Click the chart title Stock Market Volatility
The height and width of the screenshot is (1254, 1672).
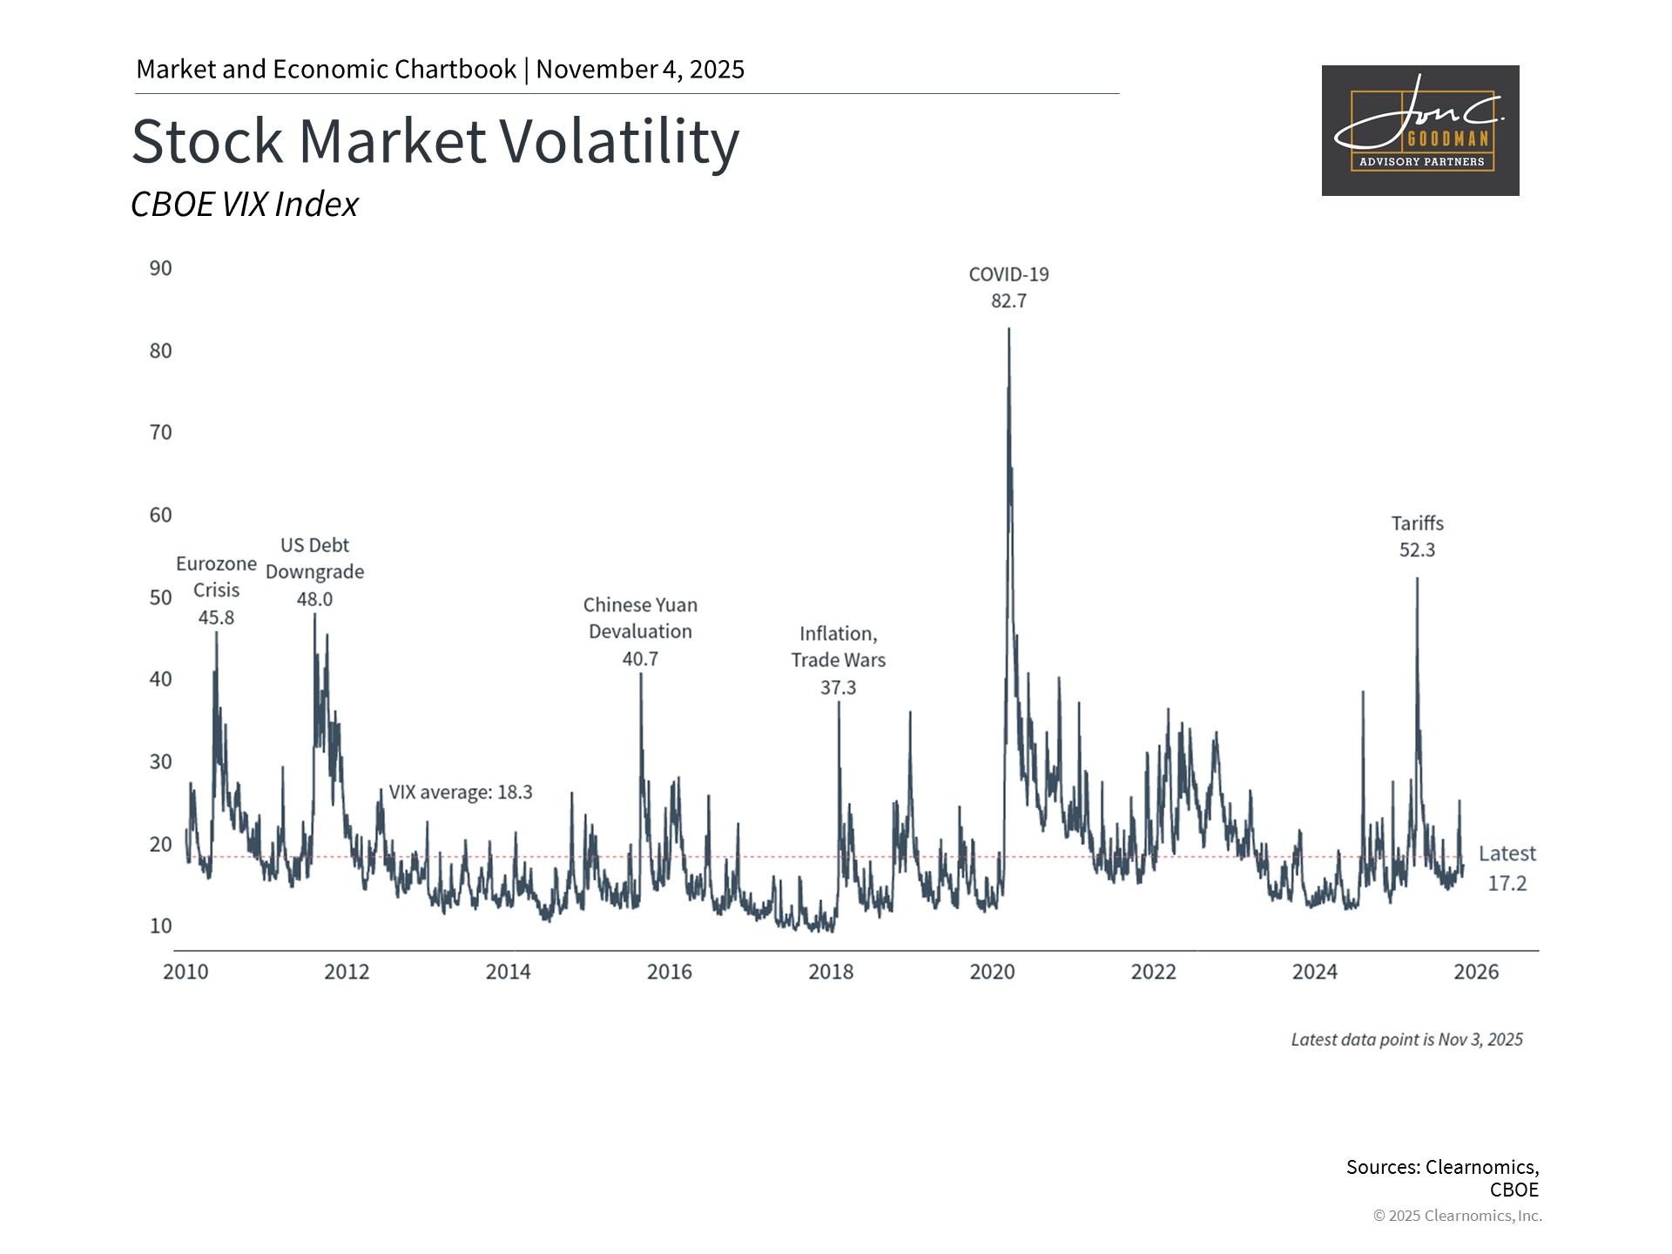click(x=435, y=141)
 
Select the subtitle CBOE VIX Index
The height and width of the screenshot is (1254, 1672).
click(x=245, y=205)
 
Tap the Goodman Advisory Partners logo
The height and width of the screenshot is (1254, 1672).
click(x=1420, y=131)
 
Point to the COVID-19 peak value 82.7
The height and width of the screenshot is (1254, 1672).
click(x=1008, y=301)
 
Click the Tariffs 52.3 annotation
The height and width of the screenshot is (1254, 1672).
click(x=1417, y=536)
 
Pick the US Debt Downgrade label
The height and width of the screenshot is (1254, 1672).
click(x=314, y=571)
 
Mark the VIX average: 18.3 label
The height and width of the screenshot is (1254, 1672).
click(x=460, y=792)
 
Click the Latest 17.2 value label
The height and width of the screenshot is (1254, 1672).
click(x=1507, y=868)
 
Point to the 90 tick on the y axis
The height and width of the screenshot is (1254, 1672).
click(x=160, y=268)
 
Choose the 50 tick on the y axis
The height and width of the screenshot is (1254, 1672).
click(x=160, y=597)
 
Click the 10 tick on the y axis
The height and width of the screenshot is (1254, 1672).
click(x=160, y=926)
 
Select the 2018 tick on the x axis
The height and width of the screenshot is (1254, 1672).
click(x=831, y=972)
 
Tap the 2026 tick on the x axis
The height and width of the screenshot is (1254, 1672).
click(x=1476, y=972)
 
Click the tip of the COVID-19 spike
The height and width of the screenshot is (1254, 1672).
click(x=1008, y=329)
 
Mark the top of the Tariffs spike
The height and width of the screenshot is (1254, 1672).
click(x=1417, y=579)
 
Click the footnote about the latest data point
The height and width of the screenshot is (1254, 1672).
click(x=1406, y=1040)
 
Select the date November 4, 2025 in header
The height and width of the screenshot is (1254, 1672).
click(x=640, y=70)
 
